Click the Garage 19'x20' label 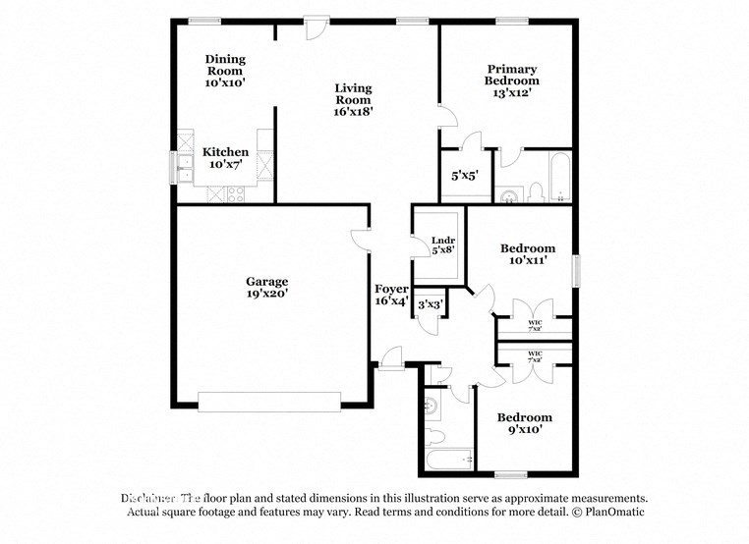(x=266, y=287)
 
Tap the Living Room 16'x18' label (x=352, y=99)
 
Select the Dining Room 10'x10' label (x=225, y=72)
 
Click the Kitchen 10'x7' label (x=225, y=158)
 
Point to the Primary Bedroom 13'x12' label (x=511, y=81)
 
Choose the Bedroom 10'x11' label (x=527, y=254)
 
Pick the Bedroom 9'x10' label (x=523, y=423)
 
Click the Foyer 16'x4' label (x=390, y=295)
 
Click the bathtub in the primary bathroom (x=558, y=177)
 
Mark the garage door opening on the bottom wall (x=269, y=399)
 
